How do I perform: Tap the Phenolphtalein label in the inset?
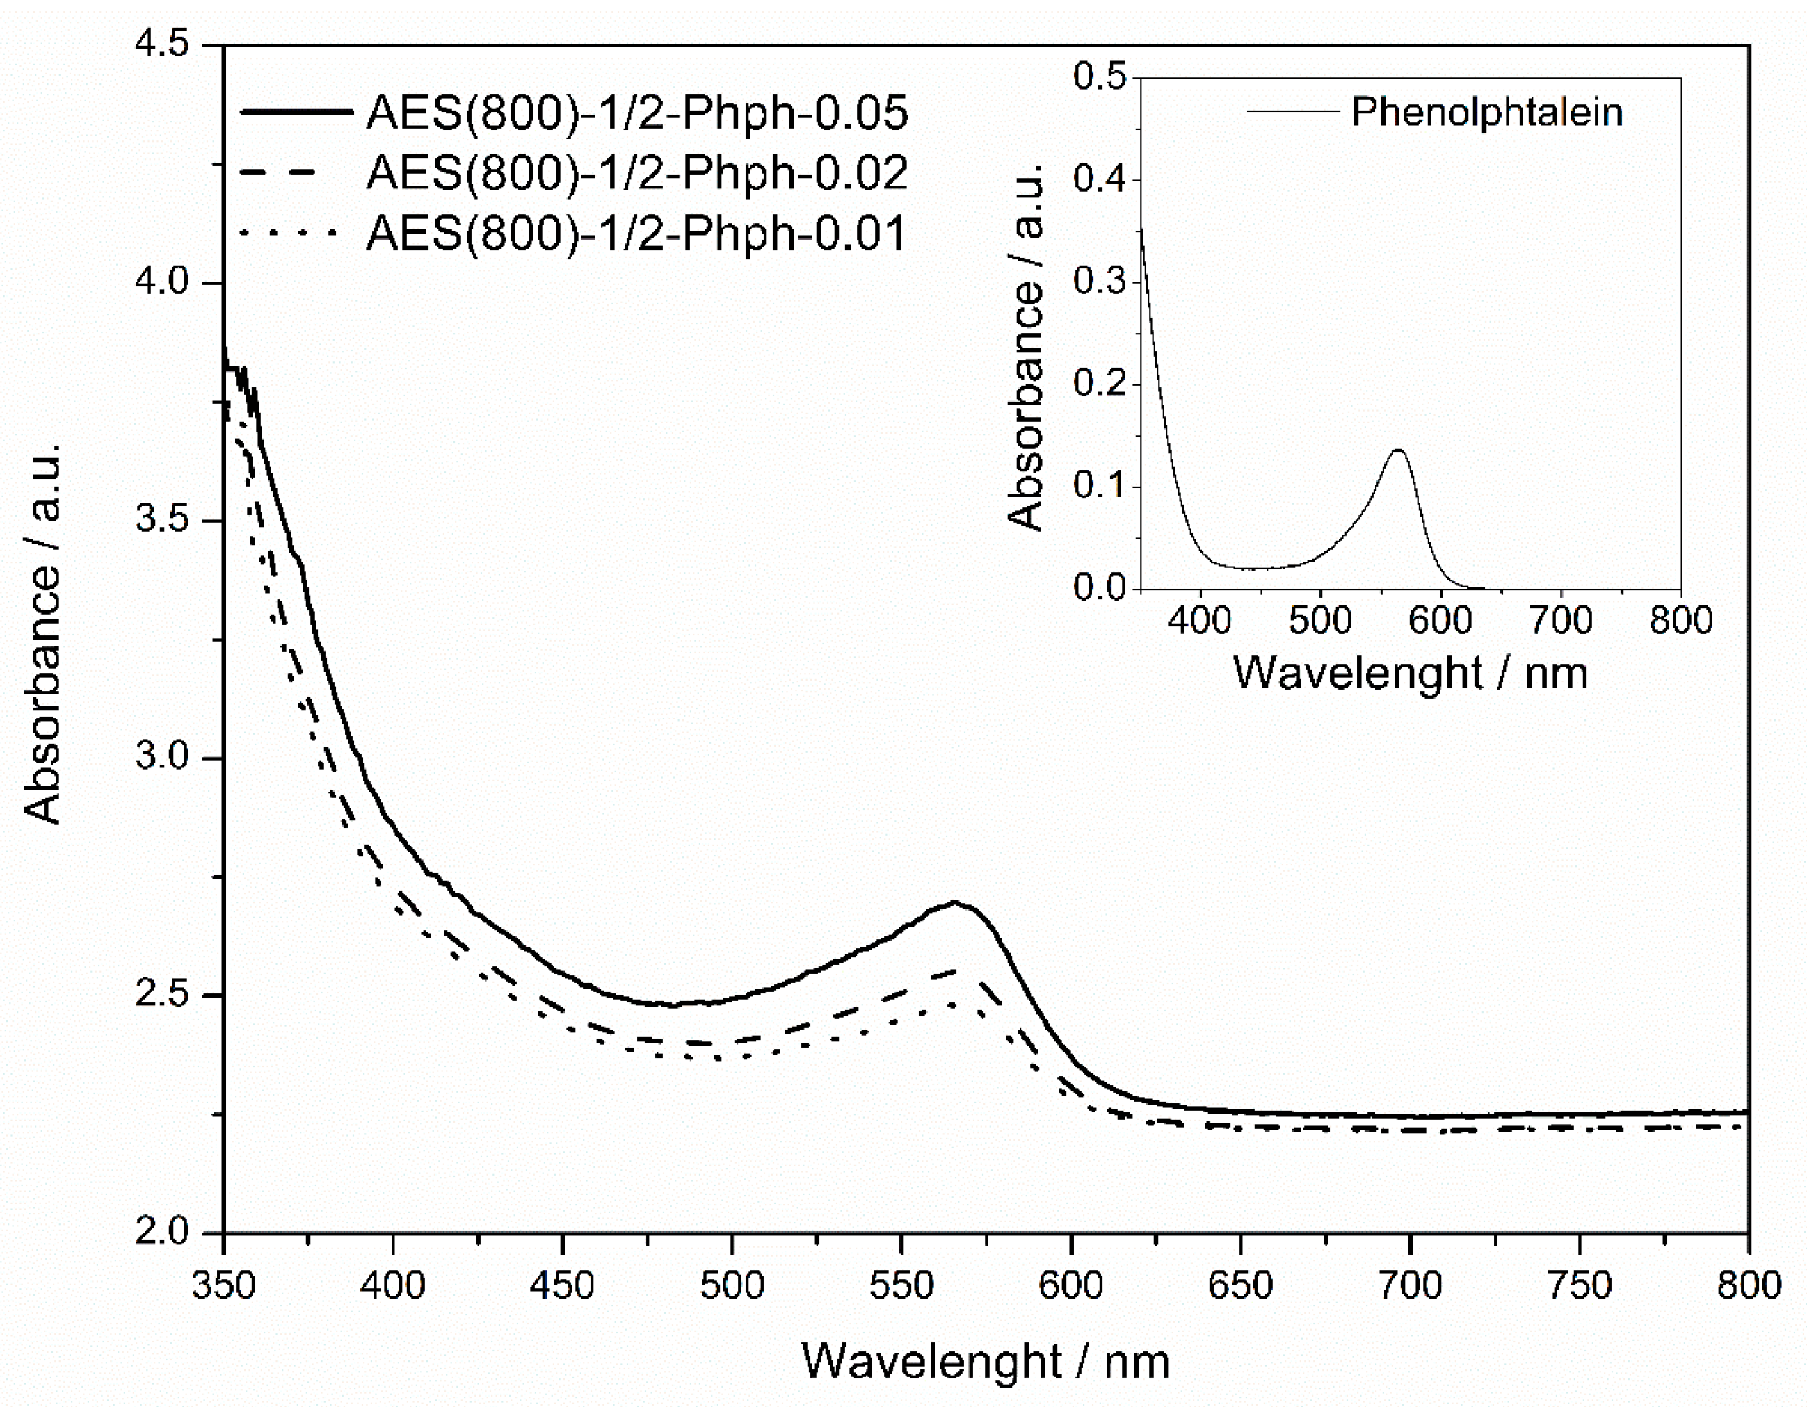1487,112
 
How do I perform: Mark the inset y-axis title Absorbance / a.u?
1026,348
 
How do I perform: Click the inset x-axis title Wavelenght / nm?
1410,672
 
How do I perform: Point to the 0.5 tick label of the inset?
1100,77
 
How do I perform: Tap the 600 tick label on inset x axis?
1440,620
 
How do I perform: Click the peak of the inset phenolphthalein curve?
1398,450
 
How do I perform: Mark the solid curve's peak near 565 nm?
955,902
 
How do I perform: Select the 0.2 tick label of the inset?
1100,384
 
